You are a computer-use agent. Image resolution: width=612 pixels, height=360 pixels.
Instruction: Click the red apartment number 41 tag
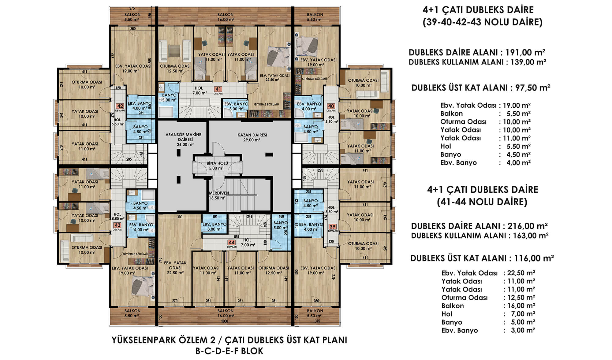point(218,89)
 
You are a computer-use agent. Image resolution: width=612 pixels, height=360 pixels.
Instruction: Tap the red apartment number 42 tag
point(120,106)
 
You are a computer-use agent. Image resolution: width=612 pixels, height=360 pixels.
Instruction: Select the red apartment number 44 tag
point(232,243)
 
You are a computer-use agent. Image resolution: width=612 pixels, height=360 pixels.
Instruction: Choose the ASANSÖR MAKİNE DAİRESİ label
point(184,137)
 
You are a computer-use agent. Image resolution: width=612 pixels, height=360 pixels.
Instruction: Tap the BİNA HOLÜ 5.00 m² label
point(217,166)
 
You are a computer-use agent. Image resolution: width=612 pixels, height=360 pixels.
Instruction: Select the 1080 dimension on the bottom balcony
point(225,321)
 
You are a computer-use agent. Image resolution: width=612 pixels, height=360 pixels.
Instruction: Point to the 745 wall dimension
point(161,260)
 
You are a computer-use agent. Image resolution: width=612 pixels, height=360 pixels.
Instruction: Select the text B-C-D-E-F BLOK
point(229,351)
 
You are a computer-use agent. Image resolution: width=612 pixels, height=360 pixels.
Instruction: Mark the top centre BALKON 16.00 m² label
point(226,17)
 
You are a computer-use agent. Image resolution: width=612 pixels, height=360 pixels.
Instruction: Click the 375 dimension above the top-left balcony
point(132,9)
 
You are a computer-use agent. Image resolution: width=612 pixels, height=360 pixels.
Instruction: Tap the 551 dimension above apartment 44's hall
point(236,237)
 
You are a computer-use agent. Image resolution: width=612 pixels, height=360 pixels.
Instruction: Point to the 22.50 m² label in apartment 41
point(272,80)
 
